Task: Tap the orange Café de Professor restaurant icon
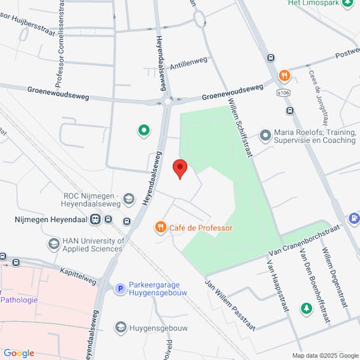coord(160,227)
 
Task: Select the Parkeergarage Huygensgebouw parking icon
coord(120,289)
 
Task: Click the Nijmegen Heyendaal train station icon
coord(95,220)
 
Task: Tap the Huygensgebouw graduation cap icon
coord(120,328)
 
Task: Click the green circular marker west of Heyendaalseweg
coord(143,130)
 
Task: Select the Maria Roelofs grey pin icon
coord(265,136)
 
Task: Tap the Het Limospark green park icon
coord(347,3)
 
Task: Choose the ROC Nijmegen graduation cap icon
coord(129,199)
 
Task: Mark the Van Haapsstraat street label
coord(275,283)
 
